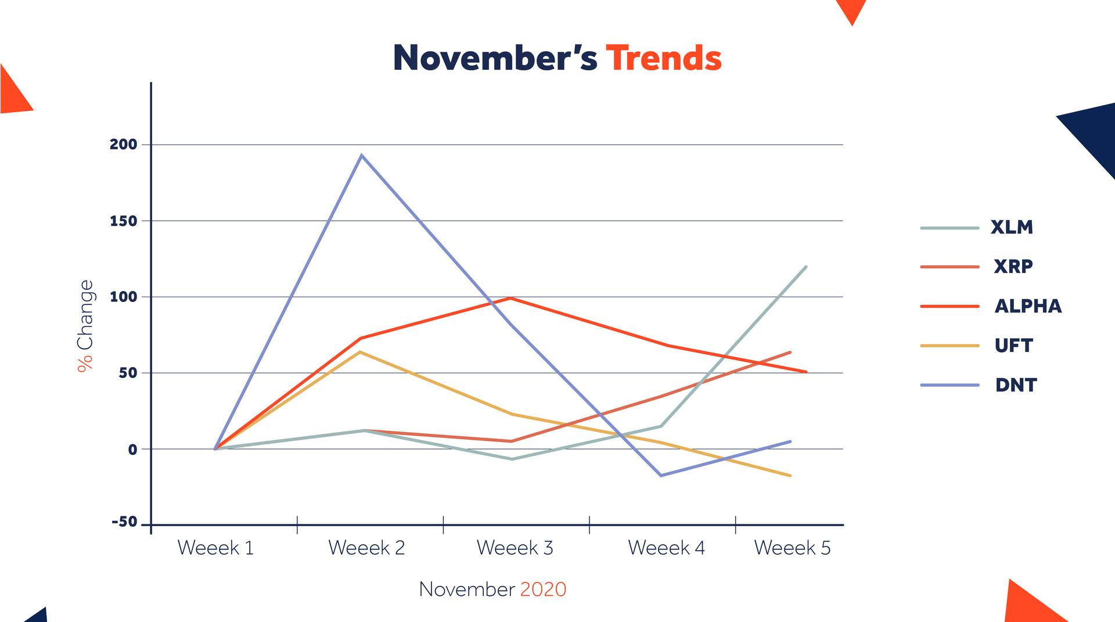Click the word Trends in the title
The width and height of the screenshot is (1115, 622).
point(664,58)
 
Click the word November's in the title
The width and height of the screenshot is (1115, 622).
point(495,58)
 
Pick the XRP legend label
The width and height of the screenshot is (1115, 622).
point(1013,267)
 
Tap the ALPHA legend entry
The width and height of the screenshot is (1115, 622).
point(1028,306)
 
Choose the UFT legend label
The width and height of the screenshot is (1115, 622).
point(1014,346)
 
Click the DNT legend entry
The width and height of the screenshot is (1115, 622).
point(1016,385)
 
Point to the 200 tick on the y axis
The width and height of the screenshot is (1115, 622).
point(124,144)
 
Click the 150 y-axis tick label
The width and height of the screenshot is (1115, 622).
point(124,221)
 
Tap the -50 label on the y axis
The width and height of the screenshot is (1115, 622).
point(125,522)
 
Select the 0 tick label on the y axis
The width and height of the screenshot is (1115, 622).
point(133,449)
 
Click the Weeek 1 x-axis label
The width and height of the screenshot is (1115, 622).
point(215,548)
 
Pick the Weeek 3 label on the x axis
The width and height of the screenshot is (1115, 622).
point(515,548)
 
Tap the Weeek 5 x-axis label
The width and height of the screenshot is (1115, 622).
point(793,548)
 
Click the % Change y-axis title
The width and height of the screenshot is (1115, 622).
point(85,326)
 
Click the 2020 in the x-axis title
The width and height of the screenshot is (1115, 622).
point(543,589)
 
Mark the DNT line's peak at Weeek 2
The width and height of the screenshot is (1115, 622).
point(362,155)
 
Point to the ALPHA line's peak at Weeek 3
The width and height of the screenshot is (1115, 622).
point(510,298)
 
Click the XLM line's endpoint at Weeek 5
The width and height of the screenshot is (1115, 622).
point(806,267)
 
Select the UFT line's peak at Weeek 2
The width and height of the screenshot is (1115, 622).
point(360,352)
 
